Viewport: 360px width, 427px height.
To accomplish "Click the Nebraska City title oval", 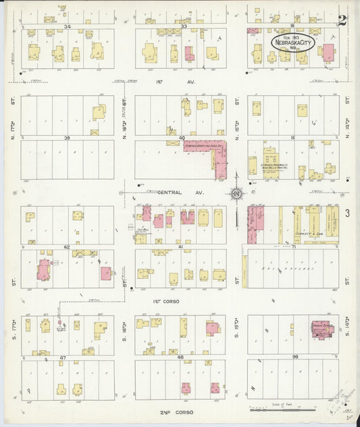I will click(x=294, y=42).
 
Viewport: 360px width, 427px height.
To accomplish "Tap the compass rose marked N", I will click(x=236, y=195).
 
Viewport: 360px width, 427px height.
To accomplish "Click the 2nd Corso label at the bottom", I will click(x=176, y=411).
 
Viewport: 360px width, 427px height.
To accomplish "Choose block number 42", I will click(x=67, y=247).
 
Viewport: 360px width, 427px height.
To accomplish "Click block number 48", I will click(x=180, y=357).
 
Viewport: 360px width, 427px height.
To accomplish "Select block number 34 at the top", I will click(x=67, y=26).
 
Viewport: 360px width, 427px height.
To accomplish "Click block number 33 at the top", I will click(x=183, y=26).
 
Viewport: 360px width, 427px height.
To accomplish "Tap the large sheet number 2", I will click(x=342, y=20).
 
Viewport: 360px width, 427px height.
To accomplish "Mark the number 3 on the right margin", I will click(x=346, y=214).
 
